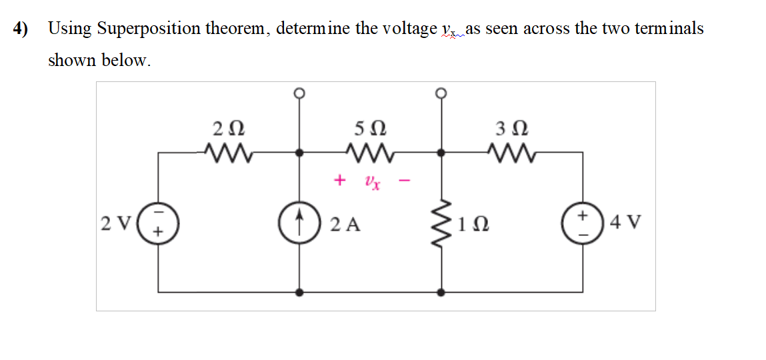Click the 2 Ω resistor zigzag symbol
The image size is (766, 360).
[227, 153]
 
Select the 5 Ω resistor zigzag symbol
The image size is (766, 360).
[369, 153]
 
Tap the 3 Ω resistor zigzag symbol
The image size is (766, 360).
[508, 153]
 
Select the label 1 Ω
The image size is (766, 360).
[474, 225]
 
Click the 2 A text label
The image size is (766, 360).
[345, 225]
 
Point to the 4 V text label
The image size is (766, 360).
[626, 222]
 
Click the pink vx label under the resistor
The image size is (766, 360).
[372, 182]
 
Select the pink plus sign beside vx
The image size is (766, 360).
[340, 180]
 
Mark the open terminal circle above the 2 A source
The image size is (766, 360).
[300, 93]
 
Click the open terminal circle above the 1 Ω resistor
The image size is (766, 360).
[441, 93]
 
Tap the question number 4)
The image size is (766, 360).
[22, 29]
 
